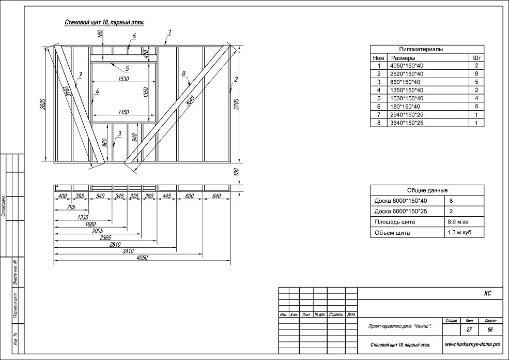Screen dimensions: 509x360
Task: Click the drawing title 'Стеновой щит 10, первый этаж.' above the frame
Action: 104,23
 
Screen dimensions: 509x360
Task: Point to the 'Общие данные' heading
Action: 427,190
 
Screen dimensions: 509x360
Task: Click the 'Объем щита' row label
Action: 392,233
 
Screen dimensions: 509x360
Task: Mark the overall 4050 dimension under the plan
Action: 142,258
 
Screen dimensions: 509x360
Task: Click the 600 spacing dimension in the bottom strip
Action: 189,196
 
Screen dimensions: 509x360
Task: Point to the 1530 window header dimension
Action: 123,79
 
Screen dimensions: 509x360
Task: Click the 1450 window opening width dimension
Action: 123,112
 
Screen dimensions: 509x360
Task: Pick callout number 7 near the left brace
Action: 81,75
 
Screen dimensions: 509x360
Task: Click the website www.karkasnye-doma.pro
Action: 472,344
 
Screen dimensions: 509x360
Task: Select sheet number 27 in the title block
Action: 469,329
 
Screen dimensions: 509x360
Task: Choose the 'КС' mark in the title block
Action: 487,293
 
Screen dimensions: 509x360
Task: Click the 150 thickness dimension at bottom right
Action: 236,172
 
